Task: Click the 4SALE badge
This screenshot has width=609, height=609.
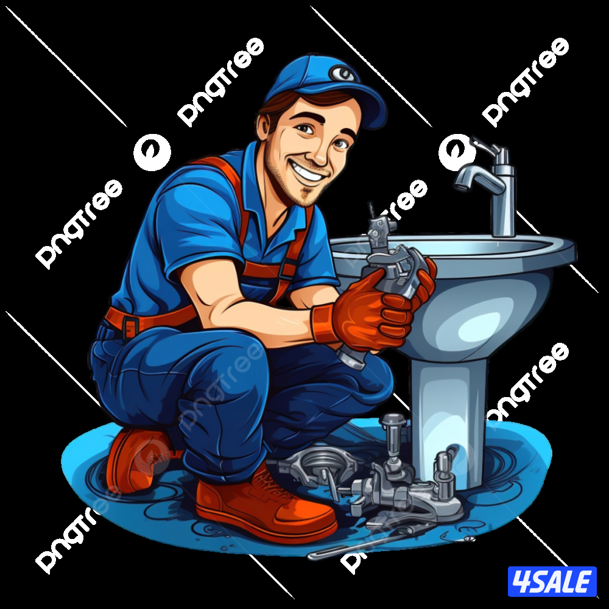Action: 552,582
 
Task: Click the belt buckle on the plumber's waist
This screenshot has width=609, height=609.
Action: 130,325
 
